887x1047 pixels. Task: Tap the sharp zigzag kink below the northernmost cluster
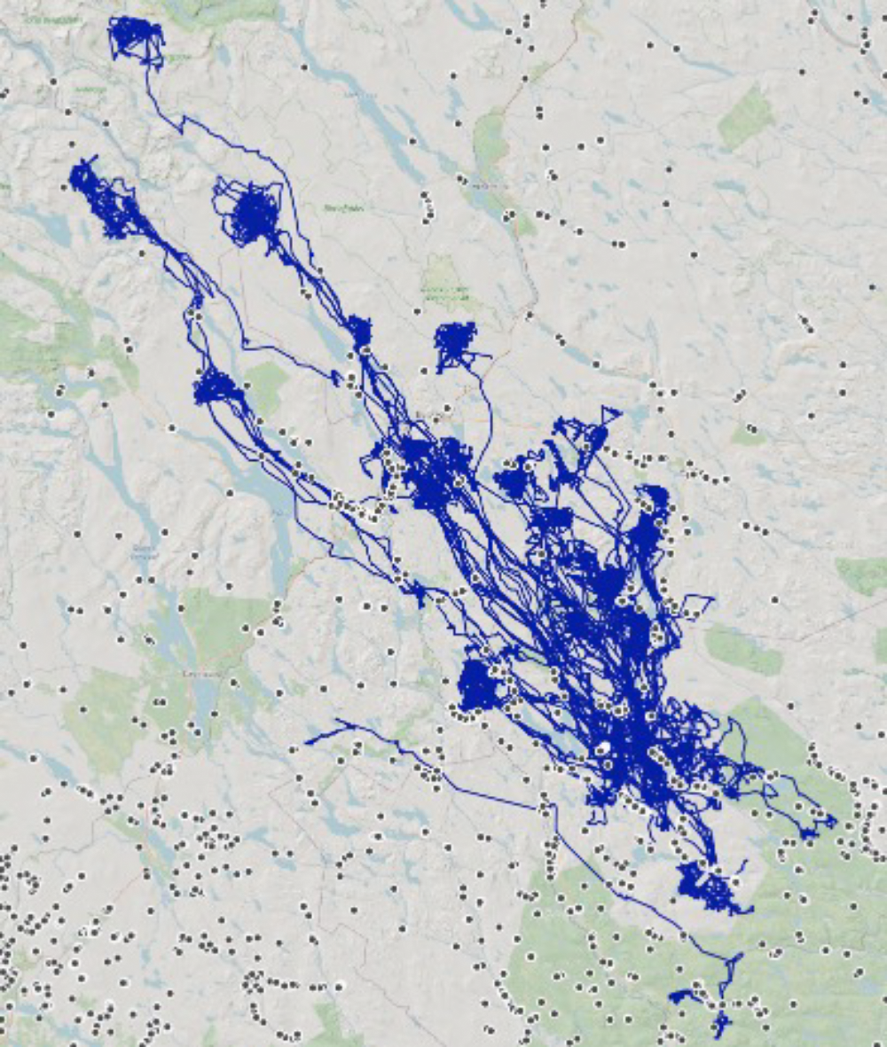pos(181,123)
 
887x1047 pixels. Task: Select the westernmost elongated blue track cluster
pos(104,199)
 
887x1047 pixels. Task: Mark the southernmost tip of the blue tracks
pos(719,1033)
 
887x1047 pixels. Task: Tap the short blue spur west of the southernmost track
pos(684,996)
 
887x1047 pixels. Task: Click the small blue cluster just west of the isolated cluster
pos(359,331)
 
